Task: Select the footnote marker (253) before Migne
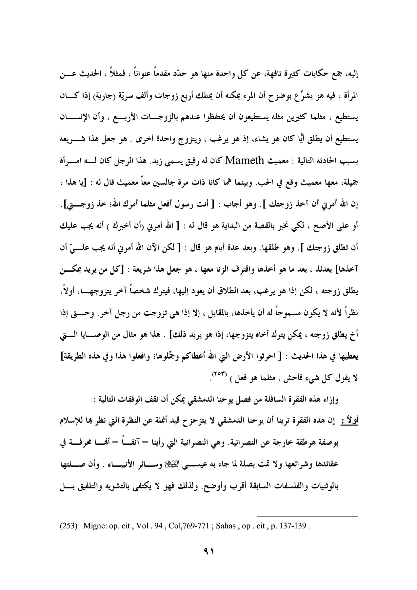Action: (x=68, y=527)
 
